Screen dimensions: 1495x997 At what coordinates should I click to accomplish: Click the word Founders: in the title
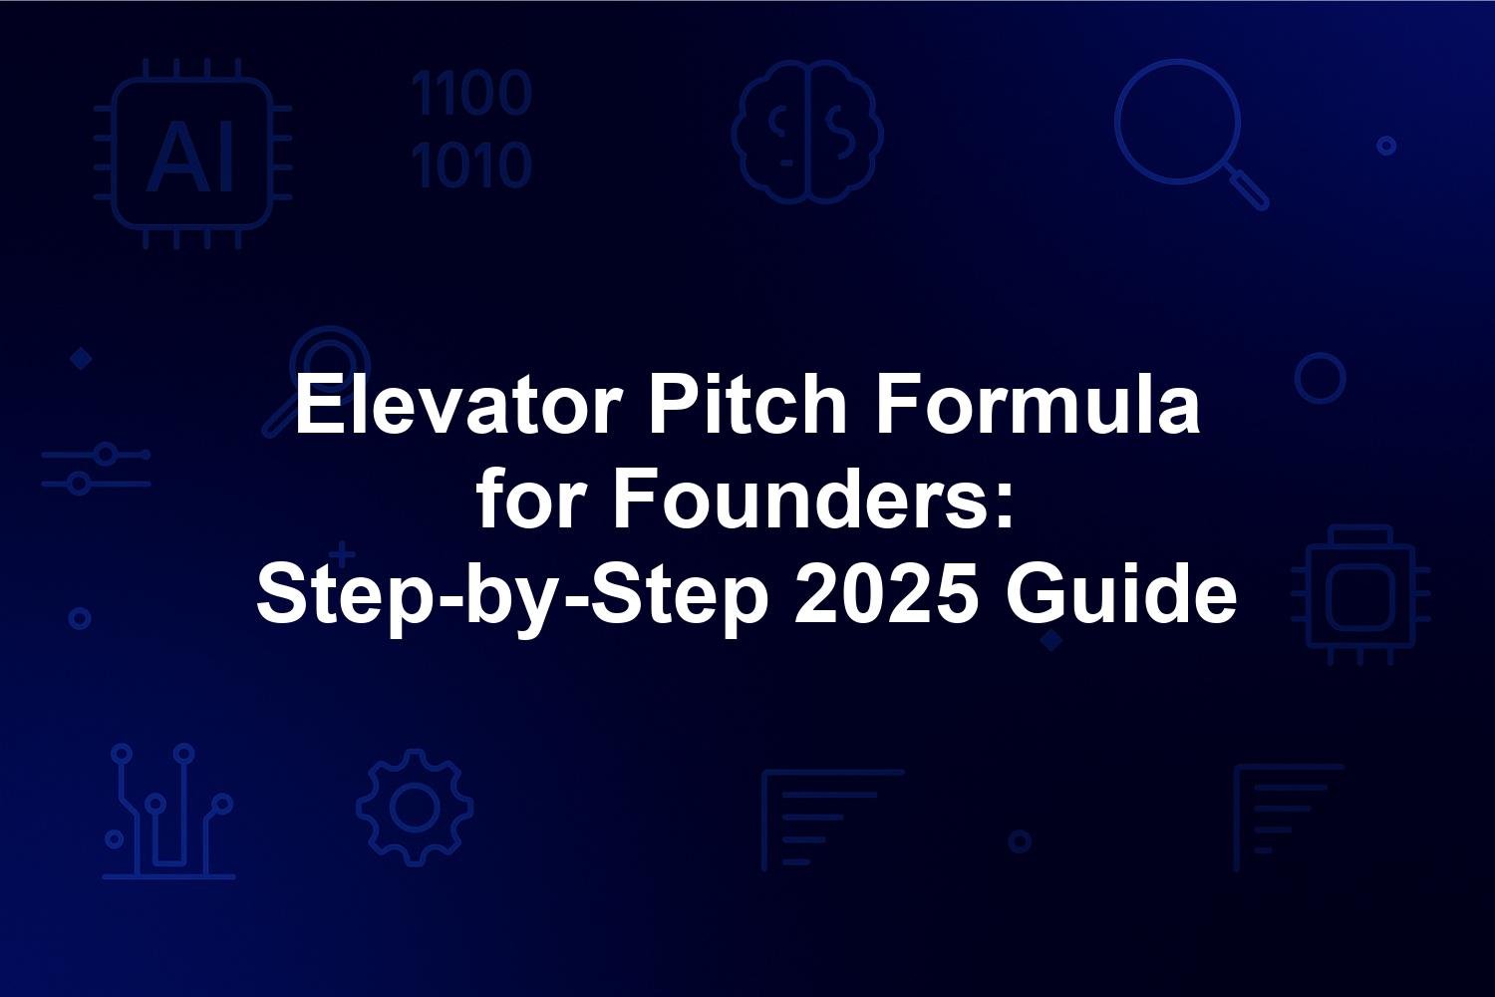click(x=812, y=499)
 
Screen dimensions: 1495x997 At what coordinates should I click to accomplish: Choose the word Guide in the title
click(x=1120, y=594)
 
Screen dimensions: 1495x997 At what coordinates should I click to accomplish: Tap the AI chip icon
click(x=192, y=154)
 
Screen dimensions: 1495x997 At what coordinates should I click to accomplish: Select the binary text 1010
click(x=471, y=165)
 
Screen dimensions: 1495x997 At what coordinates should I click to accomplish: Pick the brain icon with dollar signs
click(x=807, y=132)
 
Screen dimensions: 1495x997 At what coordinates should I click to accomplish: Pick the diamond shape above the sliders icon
click(x=81, y=359)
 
